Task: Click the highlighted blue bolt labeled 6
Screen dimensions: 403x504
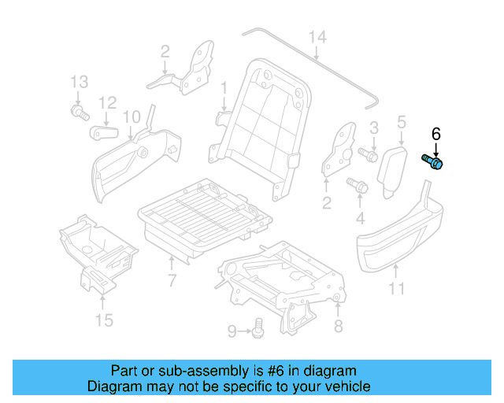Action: point(433,161)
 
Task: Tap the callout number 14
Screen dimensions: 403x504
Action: point(317,37)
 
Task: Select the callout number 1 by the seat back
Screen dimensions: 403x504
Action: point(223,86)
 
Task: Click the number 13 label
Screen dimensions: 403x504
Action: point(79,82)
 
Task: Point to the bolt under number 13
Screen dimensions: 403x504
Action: point(79,115)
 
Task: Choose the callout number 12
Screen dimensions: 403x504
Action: point(108,102)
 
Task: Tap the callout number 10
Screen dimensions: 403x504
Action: point(132,116)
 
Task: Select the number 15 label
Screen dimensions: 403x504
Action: point(104,320)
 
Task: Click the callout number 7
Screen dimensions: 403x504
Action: point(172,281)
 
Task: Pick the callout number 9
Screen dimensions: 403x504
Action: point(232,331)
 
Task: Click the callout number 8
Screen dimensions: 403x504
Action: point(339,324)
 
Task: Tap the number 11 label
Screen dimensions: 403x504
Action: point(396,288)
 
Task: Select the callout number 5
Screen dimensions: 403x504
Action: point(401,122)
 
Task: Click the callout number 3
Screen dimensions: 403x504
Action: point(374,127)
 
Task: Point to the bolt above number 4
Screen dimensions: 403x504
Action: point(355,185)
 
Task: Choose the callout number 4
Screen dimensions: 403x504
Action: point(361,217)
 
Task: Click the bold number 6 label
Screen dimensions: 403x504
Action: point(436,134)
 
